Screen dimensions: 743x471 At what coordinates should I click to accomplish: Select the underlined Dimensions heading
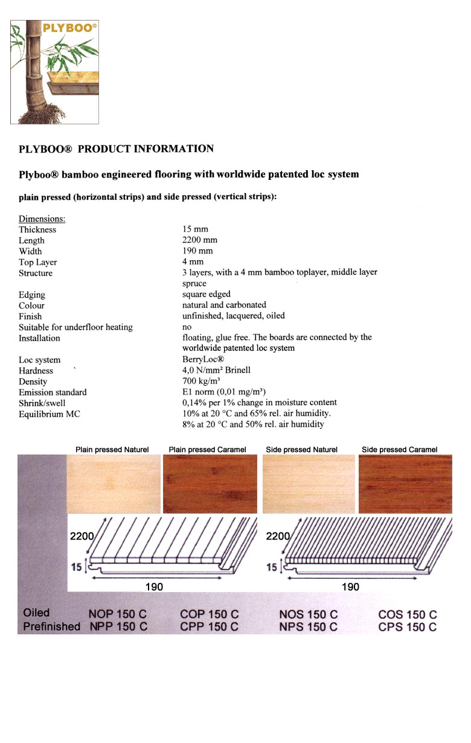tap(42, 218)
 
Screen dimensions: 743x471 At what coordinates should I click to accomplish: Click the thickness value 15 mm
tap(195, 229)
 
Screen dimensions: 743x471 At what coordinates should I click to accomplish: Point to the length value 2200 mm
tap(199, 240)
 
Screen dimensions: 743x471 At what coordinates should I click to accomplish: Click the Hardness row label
tap(36, 371)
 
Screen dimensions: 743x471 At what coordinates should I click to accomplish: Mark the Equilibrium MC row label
tap(49, 414)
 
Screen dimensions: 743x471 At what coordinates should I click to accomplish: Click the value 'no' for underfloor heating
tap(187, 327)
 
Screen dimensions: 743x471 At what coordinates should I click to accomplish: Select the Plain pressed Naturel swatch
tap(114, 484)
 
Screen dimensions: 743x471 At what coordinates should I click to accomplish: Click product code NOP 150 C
tap(118, 614)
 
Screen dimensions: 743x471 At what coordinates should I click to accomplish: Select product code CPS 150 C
tap(407, 627)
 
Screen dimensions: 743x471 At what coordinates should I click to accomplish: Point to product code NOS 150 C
tap(308, 614)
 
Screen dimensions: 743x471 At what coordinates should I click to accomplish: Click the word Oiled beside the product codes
tap(36, 613)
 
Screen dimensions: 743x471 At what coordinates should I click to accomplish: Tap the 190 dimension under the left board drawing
tap(154, 587)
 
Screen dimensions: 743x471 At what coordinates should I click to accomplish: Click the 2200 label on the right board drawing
tap(278, 536)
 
